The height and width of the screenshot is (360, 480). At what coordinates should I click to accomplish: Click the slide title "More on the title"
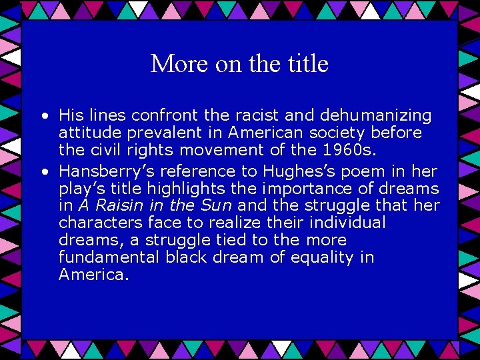(239, 64)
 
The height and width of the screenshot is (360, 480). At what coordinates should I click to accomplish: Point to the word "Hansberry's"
(104, 171)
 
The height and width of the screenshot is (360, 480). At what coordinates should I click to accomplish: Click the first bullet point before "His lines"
(43, 116)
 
